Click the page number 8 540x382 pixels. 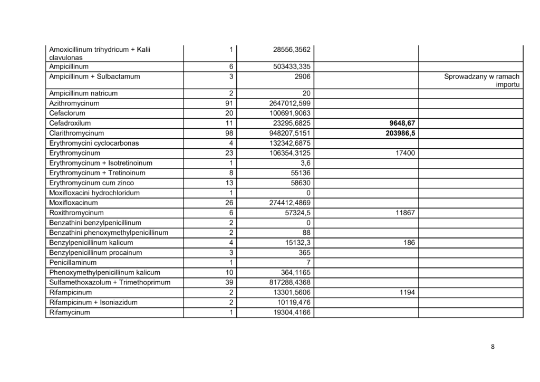coord(493,347)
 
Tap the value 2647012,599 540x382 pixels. coord(289,103)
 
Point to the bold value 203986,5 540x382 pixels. coord(393,133)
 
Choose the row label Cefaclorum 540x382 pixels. coord(67,113)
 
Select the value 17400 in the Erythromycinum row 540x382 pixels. coord(404,153)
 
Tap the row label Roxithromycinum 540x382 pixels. coord(76,213)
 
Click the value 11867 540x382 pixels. coord(404,213)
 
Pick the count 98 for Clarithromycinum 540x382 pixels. coord(227,133)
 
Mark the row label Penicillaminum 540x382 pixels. coord(73,262)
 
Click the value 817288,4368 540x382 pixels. coord(289,282)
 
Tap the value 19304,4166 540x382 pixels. coord(289,312)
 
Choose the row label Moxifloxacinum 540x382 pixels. coord(73,203)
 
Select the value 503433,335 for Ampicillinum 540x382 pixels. coord(289,66)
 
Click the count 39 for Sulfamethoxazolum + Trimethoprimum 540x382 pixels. coord(227,282)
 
